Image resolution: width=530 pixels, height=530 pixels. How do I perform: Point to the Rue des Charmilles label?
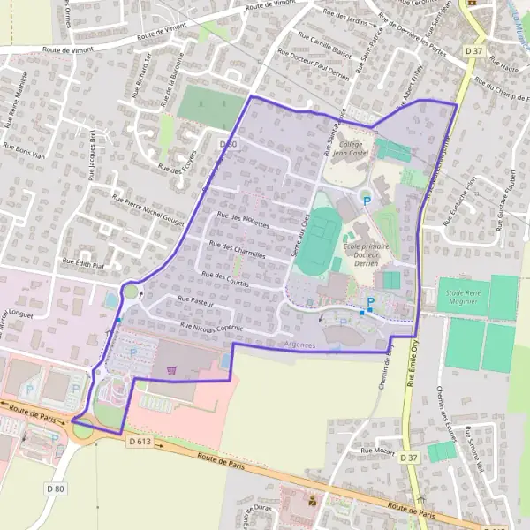pyautogui.click(x=238, y=249)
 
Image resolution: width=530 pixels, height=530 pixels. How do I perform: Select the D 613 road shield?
pyautogui.click(x=140, y=440)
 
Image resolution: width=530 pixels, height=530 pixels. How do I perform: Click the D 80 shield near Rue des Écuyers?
pyautogui.click(x=228, y=143)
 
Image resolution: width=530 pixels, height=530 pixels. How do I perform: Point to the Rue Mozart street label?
pyautogui.click(x=377, y=450)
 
